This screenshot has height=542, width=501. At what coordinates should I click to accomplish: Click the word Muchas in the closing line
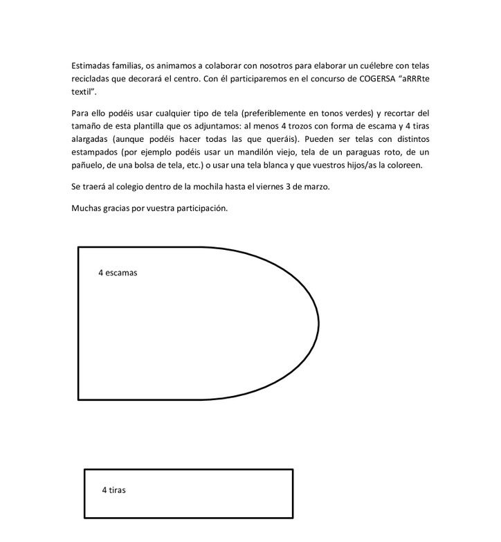tap(86, 208)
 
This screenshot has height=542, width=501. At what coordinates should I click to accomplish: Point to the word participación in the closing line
tap(201, 208)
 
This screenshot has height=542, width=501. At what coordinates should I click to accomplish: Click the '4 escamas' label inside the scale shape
tap(118, 273)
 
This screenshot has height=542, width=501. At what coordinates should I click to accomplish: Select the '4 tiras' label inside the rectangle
tap(113, 490)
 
